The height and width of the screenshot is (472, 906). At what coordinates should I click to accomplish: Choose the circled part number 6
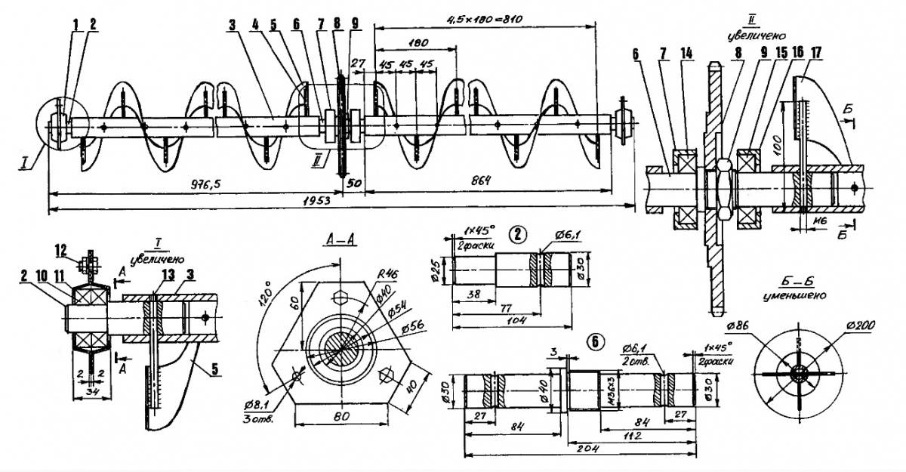[x=596, y=341]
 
